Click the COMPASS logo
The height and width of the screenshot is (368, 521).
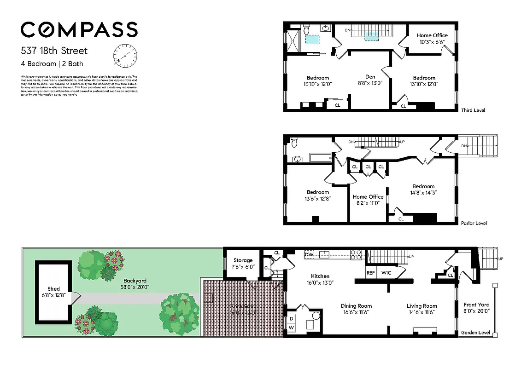click(79, 30)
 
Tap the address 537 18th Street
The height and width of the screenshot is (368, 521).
click(54, 51)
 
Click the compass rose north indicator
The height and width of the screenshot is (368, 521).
click(125, 56)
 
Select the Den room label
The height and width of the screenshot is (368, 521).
click(370, 77)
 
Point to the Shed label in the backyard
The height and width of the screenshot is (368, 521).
click(54, 289)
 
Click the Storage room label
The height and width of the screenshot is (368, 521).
click(242, 260)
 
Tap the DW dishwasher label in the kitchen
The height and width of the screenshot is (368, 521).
click(309, 254)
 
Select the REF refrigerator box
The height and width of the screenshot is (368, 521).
click(371, 272)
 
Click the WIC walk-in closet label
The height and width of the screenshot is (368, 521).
click(386, 272)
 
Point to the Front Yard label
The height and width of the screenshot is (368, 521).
click(477, 305)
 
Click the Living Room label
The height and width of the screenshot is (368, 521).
click(421, 306)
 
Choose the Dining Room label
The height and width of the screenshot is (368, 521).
click(356, 306)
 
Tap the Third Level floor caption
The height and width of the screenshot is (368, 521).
click(473, 110)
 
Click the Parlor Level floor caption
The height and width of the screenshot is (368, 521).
click(474, 223)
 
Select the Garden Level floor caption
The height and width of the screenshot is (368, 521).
click(475, 333)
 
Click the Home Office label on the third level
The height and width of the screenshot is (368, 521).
click(432, 35)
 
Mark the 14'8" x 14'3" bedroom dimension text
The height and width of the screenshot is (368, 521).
click(423, 193)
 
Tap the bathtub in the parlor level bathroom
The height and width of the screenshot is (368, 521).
click(321, 158)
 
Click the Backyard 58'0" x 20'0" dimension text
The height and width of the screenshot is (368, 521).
click(135, 287)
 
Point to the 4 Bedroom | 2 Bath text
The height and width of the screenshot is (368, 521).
click(52, 64)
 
